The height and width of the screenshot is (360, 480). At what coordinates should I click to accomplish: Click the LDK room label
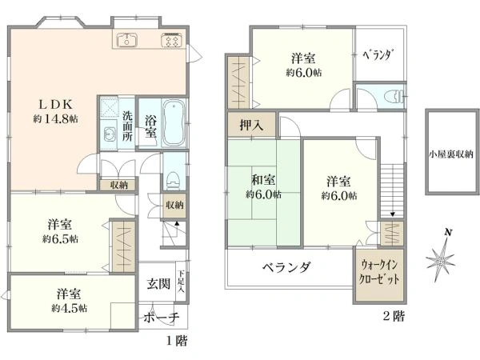click(56, 105)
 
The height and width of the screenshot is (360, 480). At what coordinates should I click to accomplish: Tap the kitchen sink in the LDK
click(126, 39)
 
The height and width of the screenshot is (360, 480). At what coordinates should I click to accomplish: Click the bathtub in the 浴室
click(174, 122)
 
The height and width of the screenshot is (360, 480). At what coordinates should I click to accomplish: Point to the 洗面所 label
click(128, 126)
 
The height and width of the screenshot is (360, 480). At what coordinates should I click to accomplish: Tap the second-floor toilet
click(394, 96)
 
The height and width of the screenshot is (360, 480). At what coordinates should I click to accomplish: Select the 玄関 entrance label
click(158, 284)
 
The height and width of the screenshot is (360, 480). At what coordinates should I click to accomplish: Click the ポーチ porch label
click(162, 318)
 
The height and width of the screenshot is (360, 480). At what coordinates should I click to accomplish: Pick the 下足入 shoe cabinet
click(182, 282)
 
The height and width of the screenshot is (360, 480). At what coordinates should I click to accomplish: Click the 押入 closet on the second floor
click(252, 126)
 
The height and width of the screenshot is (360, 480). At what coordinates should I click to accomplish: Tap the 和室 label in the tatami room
click(263, 180)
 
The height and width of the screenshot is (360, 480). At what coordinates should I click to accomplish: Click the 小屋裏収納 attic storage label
click(451, 154)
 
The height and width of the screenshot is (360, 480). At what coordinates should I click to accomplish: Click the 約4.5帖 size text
click(69, 308)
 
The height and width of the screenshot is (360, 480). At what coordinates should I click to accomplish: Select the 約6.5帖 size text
click(60, 238)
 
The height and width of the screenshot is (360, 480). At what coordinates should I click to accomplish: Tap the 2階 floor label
click(394, 316)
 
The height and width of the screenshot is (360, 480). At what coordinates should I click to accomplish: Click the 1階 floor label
click(177, 341)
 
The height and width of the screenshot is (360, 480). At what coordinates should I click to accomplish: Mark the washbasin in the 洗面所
click(110, 134)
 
